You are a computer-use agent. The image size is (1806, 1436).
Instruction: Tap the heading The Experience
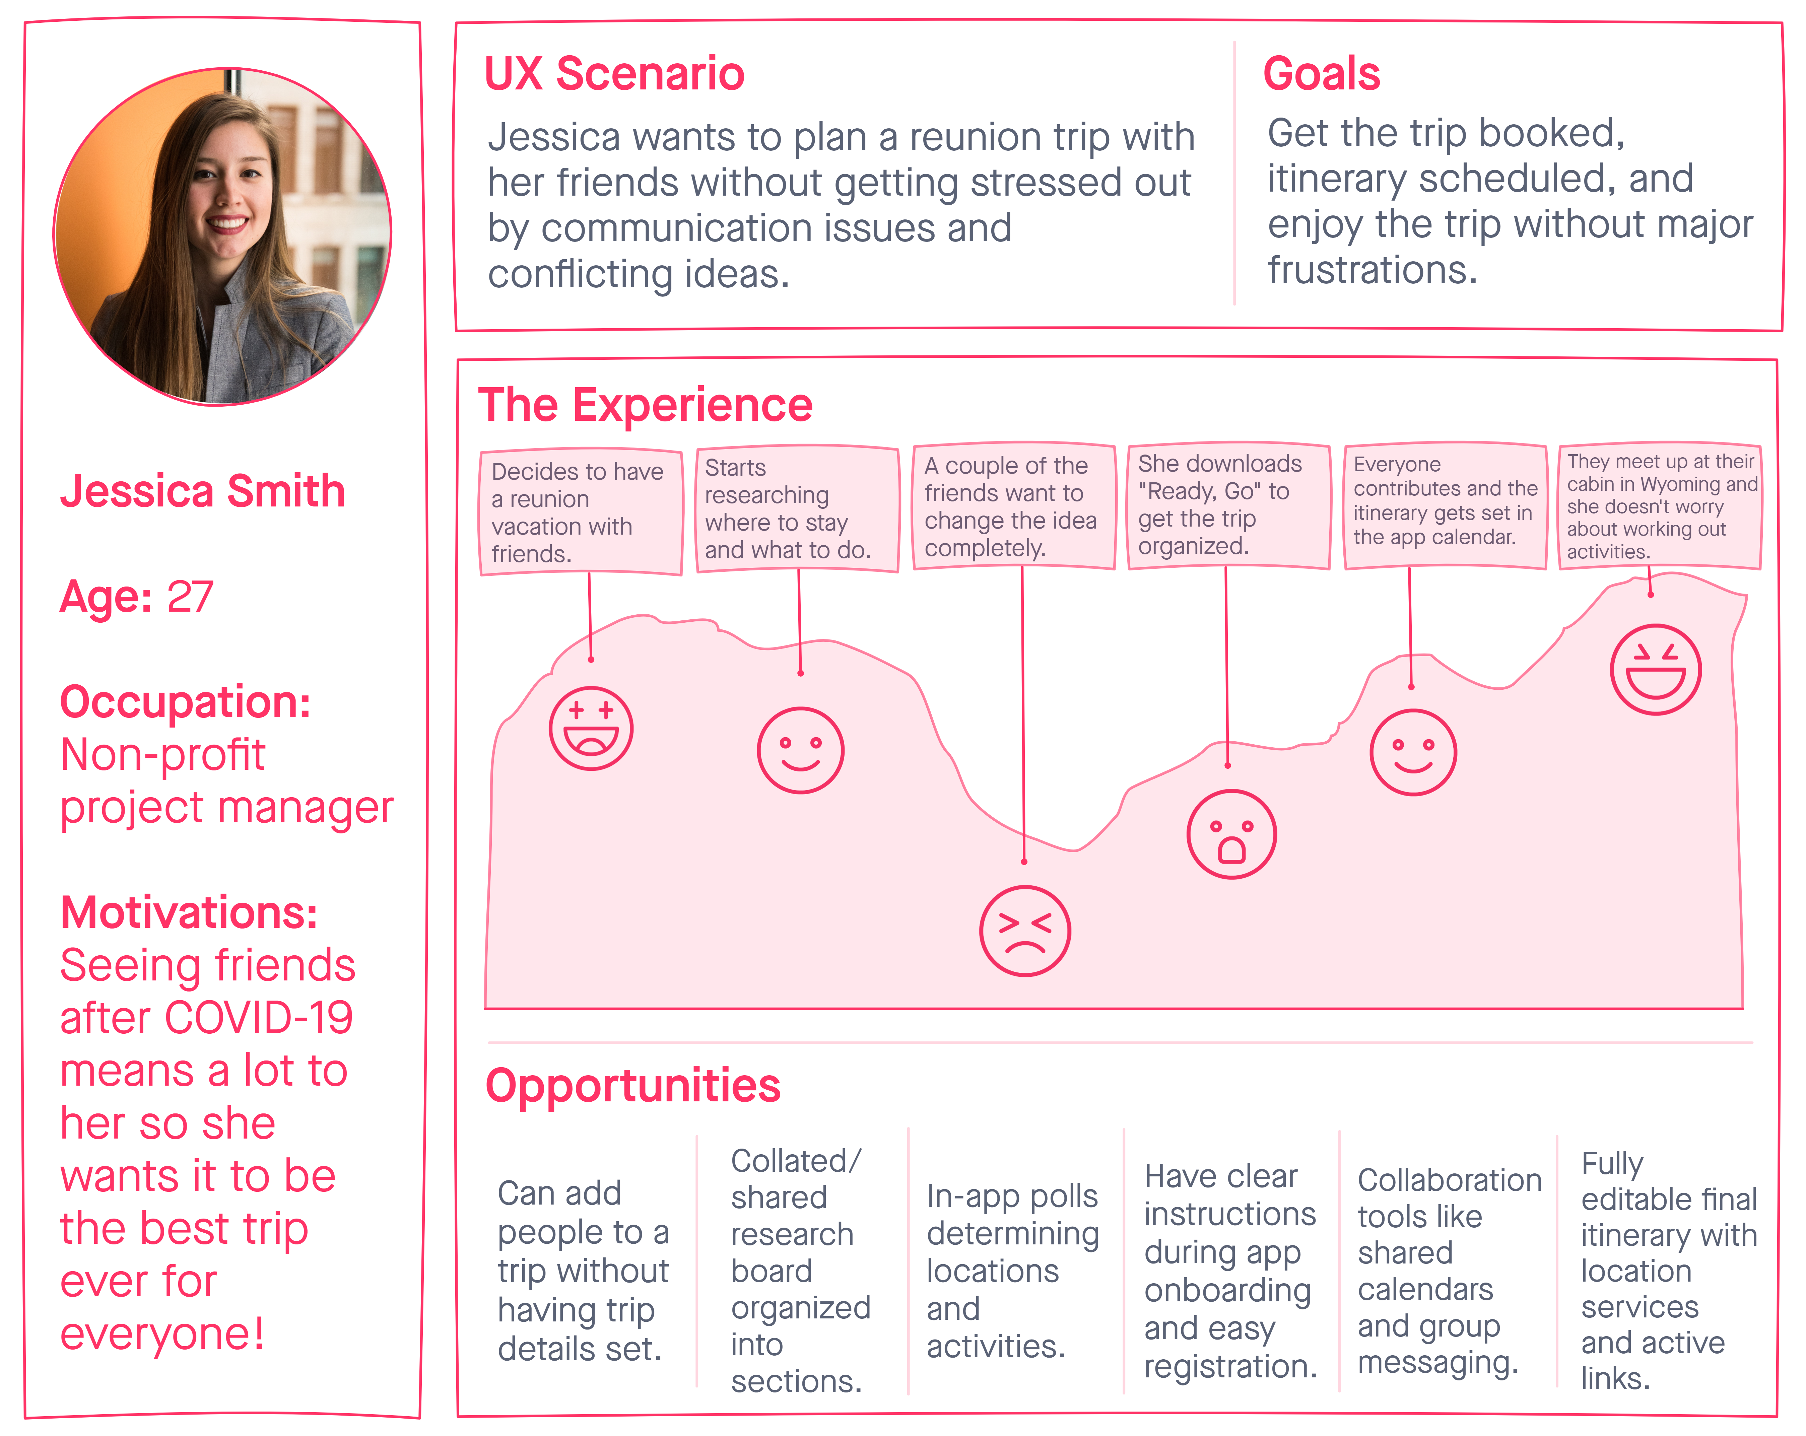click(x=645, y=406)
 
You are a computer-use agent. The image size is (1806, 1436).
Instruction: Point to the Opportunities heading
click(x=632, y=1086)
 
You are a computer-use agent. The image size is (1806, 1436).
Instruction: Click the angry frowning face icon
click(x=1024, y=931)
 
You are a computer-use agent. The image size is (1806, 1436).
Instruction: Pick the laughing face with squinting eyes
click(x=1655, y=669)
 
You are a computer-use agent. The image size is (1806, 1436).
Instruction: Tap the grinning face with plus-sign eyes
click(x=591, y=728)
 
